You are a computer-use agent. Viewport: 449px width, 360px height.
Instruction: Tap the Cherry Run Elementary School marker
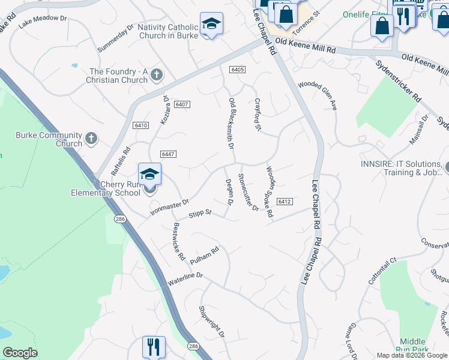point(149,175)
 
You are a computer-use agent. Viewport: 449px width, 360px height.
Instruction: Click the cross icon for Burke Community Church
point(91,139)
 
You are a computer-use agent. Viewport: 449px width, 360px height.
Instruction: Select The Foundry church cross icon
point(157,75)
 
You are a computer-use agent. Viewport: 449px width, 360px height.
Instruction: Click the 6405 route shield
point(237,70)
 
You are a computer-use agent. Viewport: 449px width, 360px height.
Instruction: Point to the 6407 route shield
point(182,104)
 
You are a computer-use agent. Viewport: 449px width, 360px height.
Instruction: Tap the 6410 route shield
point(141,125)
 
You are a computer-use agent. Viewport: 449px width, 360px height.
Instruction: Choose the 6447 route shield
point(168,154)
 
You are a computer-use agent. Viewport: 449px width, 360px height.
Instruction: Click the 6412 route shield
point(285,202)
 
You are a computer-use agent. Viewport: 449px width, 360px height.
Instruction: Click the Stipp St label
point(200,213)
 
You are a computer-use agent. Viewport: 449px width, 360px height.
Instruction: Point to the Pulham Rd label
point(205,256)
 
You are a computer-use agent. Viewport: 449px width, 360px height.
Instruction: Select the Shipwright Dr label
point(211,321)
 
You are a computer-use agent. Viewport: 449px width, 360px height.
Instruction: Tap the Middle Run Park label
point(412,344)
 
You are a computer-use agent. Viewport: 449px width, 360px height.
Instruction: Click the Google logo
point(20,353)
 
